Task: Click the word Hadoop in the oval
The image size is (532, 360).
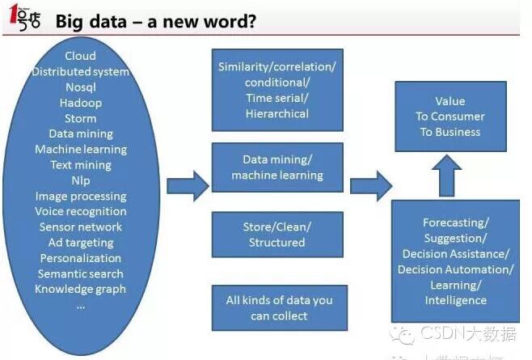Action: (80, 103)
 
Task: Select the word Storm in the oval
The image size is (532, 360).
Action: (80, 118)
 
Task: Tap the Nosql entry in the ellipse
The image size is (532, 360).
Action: (80, 87)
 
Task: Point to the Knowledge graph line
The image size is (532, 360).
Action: (80, 289)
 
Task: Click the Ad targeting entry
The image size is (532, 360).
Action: (80, 242)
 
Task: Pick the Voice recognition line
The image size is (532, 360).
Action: (80, 211)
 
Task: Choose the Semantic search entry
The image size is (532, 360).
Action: (80, 273)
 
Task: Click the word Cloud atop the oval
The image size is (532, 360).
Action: (80, 56)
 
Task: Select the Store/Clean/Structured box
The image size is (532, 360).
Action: (277, 235)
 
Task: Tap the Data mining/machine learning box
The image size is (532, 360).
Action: (277, 167)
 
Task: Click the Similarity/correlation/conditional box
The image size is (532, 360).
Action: (277, 90)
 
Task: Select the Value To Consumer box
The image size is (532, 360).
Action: (450, 116)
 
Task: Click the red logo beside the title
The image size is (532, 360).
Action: (23, 20)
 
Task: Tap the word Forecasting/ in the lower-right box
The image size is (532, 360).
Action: (456, 222)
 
